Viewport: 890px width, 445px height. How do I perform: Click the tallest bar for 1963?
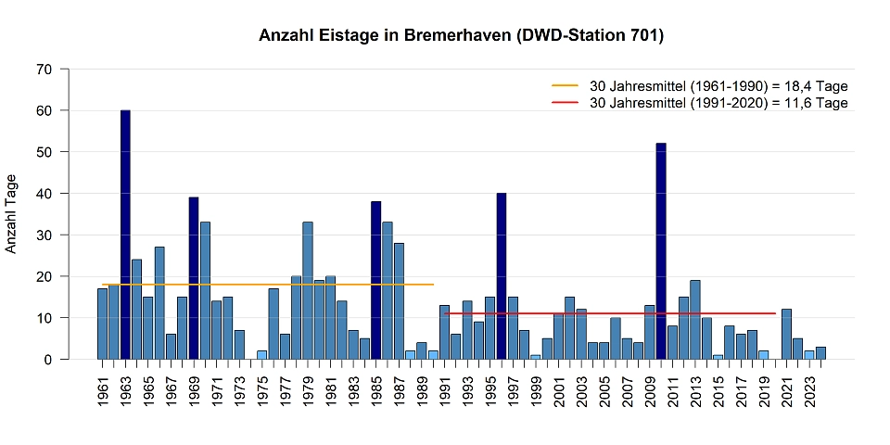[x=125, y=235]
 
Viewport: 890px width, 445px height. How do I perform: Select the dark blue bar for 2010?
[x=661, y=251]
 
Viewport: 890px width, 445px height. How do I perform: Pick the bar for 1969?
[x=194, y=278]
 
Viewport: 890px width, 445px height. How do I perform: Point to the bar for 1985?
[x=375, y=280]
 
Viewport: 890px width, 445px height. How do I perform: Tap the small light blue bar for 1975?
[x=261, y=354]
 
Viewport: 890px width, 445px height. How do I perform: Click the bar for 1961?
[x=102, y=324]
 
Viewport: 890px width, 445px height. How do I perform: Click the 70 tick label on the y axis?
[x=44, y=69]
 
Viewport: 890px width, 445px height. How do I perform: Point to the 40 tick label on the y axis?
[x=44, y=193]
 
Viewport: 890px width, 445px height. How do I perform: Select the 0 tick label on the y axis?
[x=48, y=359]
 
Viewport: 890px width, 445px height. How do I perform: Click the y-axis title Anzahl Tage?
[x=12, y=213]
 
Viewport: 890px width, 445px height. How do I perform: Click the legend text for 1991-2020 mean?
[x=718, y=103]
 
